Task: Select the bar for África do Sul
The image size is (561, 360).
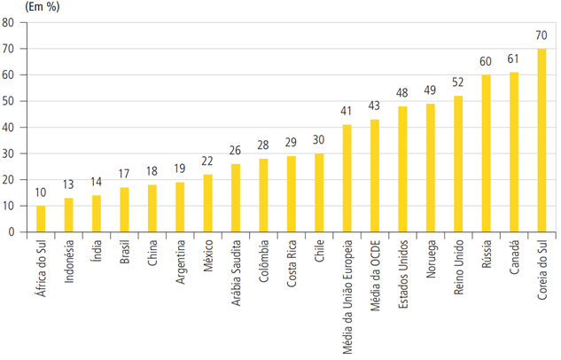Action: tap(41, 219)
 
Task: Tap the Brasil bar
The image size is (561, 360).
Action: tap(124, 210)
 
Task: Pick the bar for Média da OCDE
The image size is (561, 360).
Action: tap(375, 176)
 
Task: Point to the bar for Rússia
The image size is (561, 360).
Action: tap(486, 153)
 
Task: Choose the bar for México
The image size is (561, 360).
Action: tap(207, 203)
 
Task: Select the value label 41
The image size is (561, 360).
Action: tap(347, 113)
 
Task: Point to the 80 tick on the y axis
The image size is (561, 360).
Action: tap(8, 23)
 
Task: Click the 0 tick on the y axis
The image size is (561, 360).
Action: tap(12, 232)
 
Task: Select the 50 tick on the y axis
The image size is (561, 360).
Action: tap(8, 101)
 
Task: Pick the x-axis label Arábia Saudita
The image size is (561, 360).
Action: tap(236, 270)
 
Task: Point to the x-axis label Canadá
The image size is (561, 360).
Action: tap(514, 258)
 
